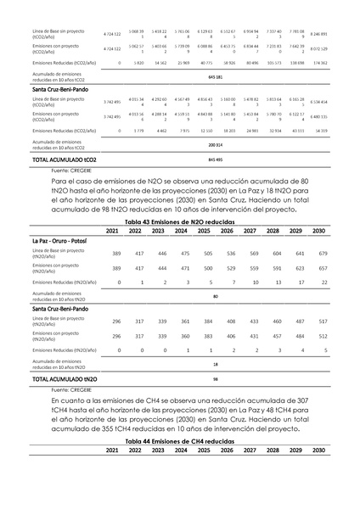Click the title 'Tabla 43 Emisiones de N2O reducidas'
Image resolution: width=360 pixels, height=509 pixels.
(x=180, y=221)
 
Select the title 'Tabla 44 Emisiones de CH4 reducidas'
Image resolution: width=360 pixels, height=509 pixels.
(x=180, y=442)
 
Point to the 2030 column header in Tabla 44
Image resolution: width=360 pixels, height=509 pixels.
(x=319, y=450)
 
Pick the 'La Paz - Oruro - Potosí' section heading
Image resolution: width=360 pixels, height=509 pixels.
(x=65, y=241)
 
